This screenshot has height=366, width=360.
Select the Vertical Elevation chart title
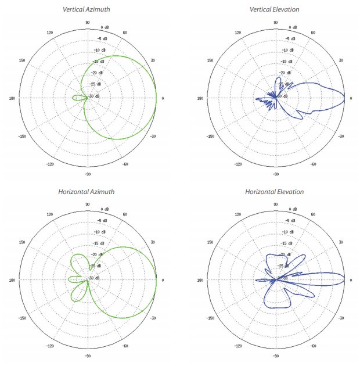pyautogui.click(x=275, y=9)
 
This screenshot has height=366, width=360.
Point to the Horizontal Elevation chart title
pyautogui.click(x=275, y=191)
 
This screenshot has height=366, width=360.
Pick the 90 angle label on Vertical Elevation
pyautogui.click(x=275, y=23)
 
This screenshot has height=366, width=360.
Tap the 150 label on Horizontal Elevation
pyautogui.click(x=211, y=242)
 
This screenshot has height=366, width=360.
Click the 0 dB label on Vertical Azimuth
pyautogui.click(x=105, y=27)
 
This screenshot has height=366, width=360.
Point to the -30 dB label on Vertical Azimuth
pyautogui.click(x=94, y=96)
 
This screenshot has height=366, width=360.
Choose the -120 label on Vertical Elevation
pyautogui.click(x=237, y=164)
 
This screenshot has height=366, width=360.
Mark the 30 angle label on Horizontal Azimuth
pyautogui.click(x=153, y=242)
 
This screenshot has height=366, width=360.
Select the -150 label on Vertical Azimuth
pyautogui.click(x=21, y=137)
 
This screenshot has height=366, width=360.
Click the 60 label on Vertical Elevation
pyautogui.click(x=314, y=33)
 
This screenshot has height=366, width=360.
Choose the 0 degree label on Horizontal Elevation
pyautogui.click(x=351, y=280)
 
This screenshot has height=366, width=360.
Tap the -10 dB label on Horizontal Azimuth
pyautogui.click(x=101, y=232)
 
